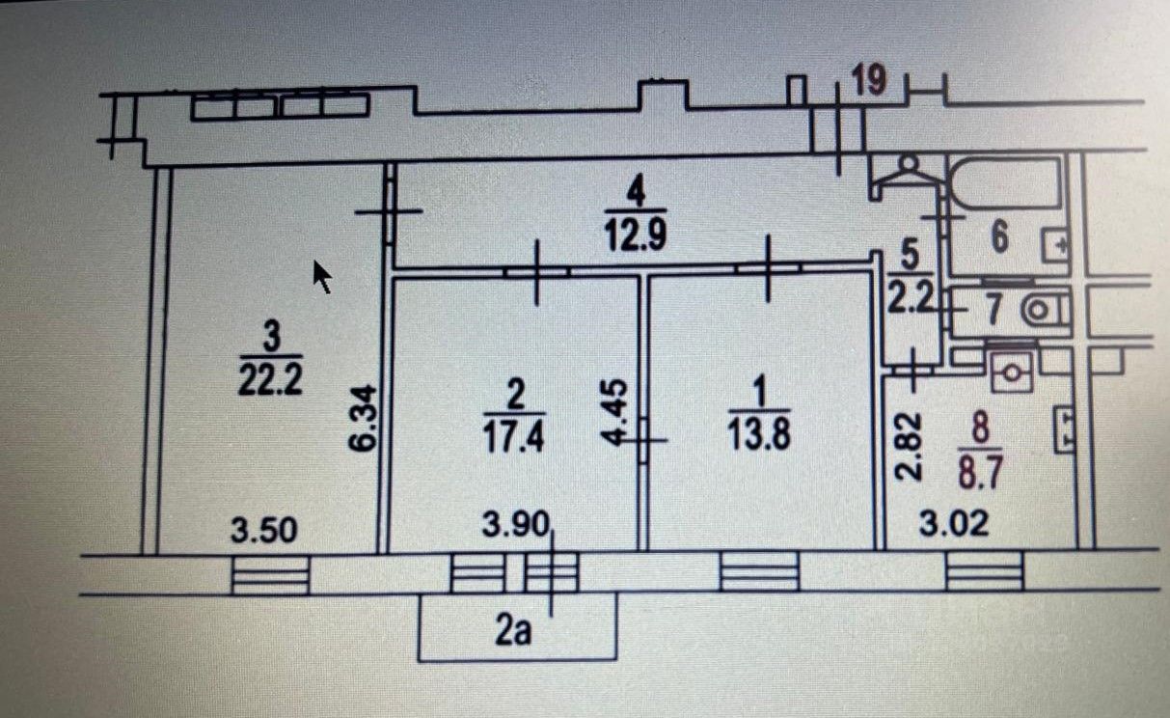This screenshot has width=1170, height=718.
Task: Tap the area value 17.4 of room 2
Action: pyautogui.click(x=514, y=436)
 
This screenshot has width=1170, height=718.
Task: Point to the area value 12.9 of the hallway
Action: pyautogui.click(x=636, y=235)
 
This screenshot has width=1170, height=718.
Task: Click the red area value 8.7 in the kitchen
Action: pyautogui.click(x=980, y=471)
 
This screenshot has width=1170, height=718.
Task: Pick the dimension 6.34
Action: pyautogui.click(x=363, y=418)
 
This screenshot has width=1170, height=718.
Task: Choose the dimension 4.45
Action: pyautogui.click(x=614, y=413)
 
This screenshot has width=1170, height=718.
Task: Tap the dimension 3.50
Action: pyautogui.click(x=264, y=530)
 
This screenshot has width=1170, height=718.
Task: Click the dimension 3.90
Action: pyautogui.click(x=516, y=525)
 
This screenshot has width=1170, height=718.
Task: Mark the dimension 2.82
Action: pyautogui.click(x=908, y=446)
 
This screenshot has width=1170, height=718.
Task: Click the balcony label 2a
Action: pyautogui.click(x=513, y=630)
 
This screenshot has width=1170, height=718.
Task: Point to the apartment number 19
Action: pyautogui.click(x=869, y=80)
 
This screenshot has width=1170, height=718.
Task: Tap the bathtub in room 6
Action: pyautogui.click(x=1004, y=183)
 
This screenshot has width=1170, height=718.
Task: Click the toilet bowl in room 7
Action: pyautogui.click(x=1043, y=311)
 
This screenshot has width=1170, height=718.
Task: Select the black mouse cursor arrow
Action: pyautogui.click(x=322, y=277)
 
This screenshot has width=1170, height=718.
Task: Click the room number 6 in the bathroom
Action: pyautogui.click(x=999, y=236)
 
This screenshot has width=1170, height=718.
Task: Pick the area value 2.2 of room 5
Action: pyautogui.click(x=911, y=299)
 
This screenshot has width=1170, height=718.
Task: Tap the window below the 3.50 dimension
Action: pyautogui.click(x=270, y=574)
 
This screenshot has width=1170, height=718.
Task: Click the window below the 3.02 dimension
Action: pyautogui.click(x=984, y=570)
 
